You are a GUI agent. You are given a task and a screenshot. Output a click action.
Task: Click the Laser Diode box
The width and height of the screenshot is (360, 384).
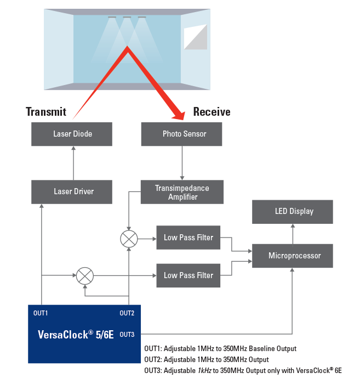pyautogui.click(x=72, y=134)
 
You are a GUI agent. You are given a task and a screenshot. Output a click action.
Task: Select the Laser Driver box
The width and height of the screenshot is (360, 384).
pyautogui.click(x=72, y=191)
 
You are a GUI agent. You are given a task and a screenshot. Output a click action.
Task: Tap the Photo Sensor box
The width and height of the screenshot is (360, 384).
pyautogui.click(x=181, y=134)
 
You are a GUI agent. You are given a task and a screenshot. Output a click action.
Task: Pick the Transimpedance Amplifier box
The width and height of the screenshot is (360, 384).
pyautogui.click(x=181, y=192)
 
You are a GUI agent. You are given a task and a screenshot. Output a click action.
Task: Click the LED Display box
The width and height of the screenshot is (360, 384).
pyautogui.click(x=292, y=211)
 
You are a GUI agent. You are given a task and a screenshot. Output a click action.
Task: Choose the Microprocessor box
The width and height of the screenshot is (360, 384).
pyautogui.click(x=292, y=256)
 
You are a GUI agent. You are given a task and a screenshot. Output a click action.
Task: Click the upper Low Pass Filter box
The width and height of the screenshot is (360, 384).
pyautogui.click(x=188, y=238)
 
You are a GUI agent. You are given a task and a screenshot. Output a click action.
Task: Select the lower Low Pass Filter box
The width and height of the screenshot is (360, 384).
pyautogui.click(x=188, y=275)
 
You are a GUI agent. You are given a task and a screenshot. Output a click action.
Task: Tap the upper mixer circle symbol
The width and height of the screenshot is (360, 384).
pyautogui.click(x=128, y=239)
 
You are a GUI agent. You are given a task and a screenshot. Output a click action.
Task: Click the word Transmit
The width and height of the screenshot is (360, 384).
pyautogui.click(x=46, y=112)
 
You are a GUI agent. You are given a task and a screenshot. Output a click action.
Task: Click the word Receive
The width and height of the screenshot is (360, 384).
pyautogui.click(x=212, y=112)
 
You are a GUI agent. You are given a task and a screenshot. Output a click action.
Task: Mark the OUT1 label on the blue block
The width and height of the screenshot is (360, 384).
pyautogui.click(x=41, y=313)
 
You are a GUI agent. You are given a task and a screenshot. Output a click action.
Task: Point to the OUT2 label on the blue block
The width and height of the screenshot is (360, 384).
pyautogui.click(x=127, y=313)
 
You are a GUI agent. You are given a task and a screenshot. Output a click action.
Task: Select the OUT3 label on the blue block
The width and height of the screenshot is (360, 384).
pyautogui.click(x=127, y=334)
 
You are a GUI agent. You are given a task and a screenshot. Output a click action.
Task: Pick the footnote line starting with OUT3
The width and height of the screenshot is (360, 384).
pyautogui.click(x=243, y=371)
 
